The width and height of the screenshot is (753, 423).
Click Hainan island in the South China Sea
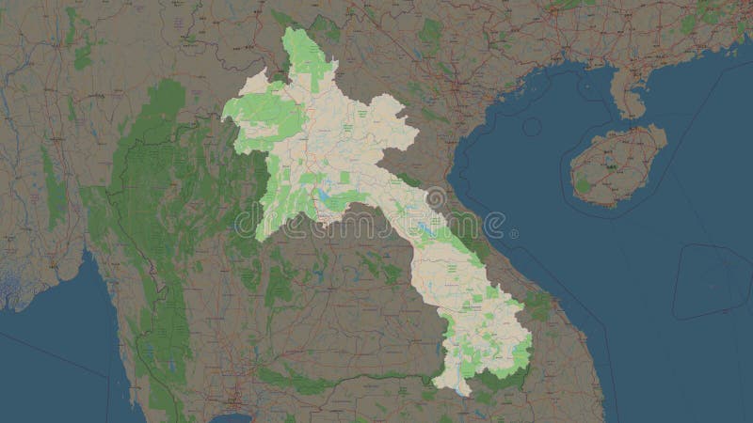(617, 169)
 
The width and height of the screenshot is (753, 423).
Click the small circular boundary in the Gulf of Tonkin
(533, 126)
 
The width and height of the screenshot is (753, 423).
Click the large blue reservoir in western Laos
(325, 196)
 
